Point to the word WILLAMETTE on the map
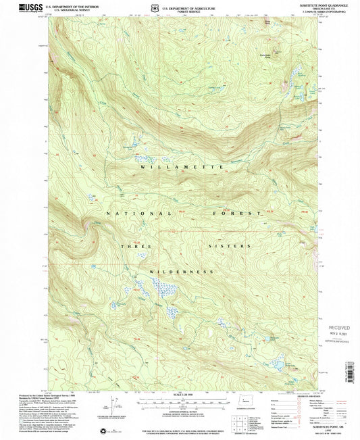(181, 166)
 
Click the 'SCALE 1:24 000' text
(182, 394)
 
